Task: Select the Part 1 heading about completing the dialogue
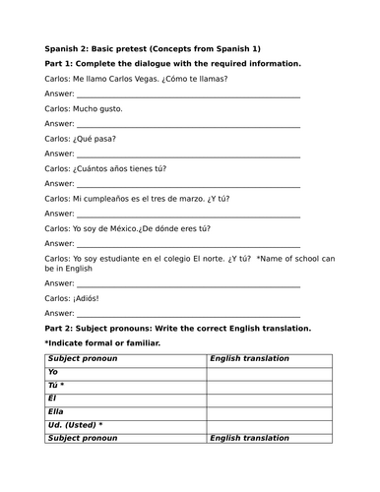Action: pyautogui.click(x=173, y=63)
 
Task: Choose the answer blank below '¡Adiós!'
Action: pyautogui.click(x=187, y=313)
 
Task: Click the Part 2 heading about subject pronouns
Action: pyautogui.click(x=178, y=328)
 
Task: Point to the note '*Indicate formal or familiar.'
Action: pyautogui.click(x=103, y=342)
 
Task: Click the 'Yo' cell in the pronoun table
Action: pyautogui.click(x=53, y=372)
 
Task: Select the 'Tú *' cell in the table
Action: pyautogui.click(x=57, y=386)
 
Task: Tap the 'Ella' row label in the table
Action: pyautogui.click(x=56, y=412)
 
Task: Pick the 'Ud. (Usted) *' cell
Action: pyautogui.click(x=76, y=425)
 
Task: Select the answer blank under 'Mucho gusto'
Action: pyautogui.click(x=187, y=124)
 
